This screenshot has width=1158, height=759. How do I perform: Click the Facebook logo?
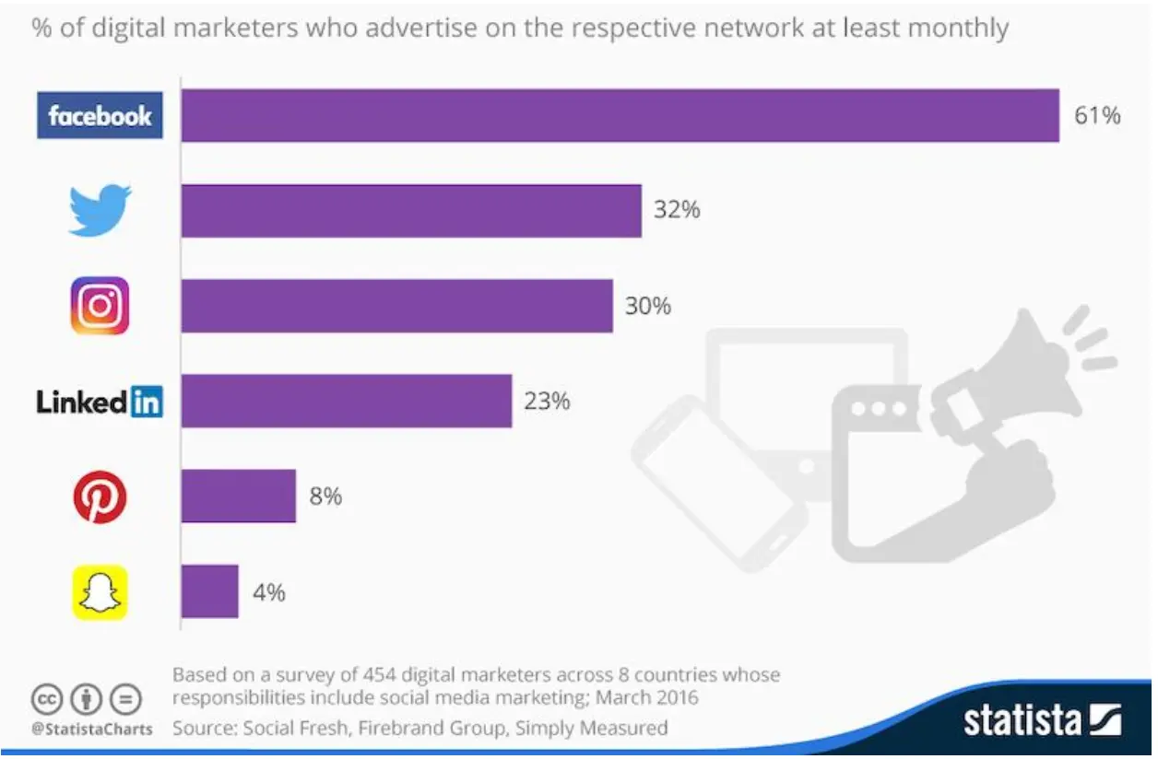tap(100, 115)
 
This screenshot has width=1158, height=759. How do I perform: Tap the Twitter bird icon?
tap(100, 210)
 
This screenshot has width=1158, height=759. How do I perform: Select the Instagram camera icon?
tap(100, 305)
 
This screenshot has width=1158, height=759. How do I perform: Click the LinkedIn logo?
tap(100, 402)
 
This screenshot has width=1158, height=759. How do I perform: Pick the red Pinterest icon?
tap(100, 496)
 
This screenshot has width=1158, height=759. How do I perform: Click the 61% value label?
tap(1097, 115)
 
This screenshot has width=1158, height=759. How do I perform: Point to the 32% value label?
tap(677, 210)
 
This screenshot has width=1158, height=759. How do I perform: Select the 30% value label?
tap(648, 305)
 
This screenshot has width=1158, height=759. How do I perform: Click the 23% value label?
tap(547, 402)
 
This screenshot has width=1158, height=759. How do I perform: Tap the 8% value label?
tap(325, 496)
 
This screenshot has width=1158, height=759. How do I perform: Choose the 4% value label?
tap(268, 592)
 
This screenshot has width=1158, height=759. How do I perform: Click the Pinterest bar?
tap(239, 496)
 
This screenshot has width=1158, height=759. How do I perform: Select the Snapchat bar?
tap(210, 592)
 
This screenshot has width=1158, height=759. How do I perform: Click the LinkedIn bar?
tap(347, 402)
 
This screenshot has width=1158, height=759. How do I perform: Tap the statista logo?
tap(1042, 719)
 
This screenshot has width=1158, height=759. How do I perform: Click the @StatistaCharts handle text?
tap(91, 729)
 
